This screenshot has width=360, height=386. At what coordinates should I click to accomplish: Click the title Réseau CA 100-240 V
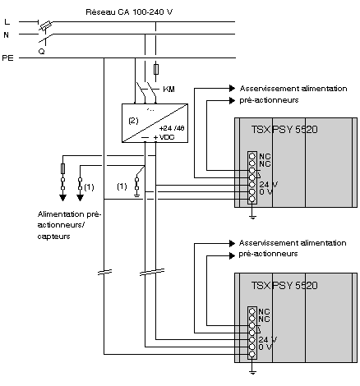pyautogui.click(x=129, y=12)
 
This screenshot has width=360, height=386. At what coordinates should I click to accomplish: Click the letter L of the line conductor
pyautogui.click(x=7, y=21)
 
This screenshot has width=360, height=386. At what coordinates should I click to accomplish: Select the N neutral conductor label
pyautogui.click(x=7, y=35)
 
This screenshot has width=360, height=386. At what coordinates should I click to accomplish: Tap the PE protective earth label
pyautogui.click(x=7, y=58)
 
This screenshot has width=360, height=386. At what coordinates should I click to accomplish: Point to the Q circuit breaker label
pyautogui.click(x=42, y=51)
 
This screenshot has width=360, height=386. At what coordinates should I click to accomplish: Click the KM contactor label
pyautogui.click(x=168, y=90)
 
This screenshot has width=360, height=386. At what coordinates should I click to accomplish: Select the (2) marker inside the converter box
pyautogui.click(x=133, y=121)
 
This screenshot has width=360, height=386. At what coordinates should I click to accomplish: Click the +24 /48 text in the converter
pyautogui.click(x=172, y=128)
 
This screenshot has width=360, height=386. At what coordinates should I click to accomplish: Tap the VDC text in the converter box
pyautogui.click(x=167, y=137)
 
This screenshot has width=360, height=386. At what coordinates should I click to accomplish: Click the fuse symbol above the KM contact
pyautogui.click(x=156, y=70)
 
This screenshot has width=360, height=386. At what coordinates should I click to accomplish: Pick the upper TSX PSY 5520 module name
pyautogui.click(x=284, y=129)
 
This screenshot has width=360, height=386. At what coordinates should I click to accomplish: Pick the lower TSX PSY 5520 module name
pyautogui.click(x=284, y=286)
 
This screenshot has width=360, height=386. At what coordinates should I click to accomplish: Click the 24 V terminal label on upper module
pyautogui.click(x=268, y=185)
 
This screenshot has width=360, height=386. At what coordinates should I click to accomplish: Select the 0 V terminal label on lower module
pyautogui.click(x=265, y=347)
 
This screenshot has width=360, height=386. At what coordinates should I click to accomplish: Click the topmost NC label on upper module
pyautogui.click(x=265, y=156)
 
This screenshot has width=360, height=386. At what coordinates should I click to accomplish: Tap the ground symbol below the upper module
pyautogui.click(x=252, y=218)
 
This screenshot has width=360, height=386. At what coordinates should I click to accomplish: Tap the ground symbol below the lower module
pyautogui.click(x=252, y=372)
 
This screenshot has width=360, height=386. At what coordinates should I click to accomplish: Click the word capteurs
pyautogui.click(x=53, y=237)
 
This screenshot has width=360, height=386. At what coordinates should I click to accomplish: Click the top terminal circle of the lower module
pyautogui.click(x=252, y=311)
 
